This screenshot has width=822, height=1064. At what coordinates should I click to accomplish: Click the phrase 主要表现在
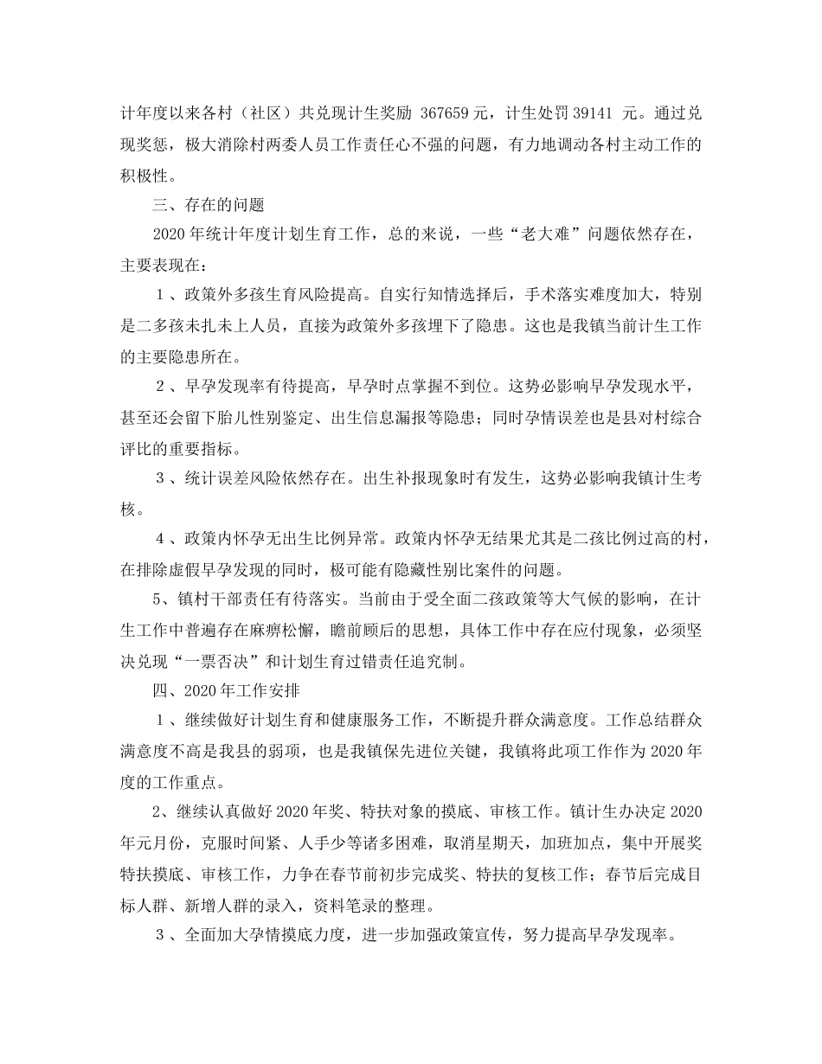pyautogui.click(x=159, y=266)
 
